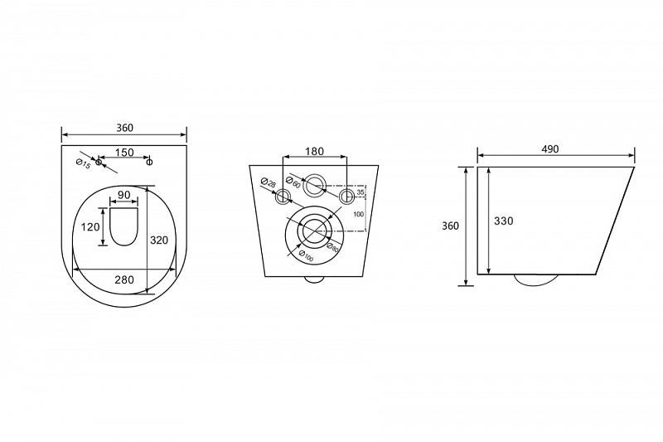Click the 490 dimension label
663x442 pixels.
click(x=549, y=149)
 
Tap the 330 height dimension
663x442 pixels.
click(x=504, y=221)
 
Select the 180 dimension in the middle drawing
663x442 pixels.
click(x=314, y=151)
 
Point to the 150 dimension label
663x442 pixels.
click(x=124, y=153)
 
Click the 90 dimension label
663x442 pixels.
click(x=123, y=195)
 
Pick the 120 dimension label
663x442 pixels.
click(x=90, y=226)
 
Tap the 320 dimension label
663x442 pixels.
click(x=159, y=240)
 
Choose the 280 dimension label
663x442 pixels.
click(x=124, y=279)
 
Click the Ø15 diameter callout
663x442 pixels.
click(x=83, y=163)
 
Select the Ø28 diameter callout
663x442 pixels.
click(x=268, y=183)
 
